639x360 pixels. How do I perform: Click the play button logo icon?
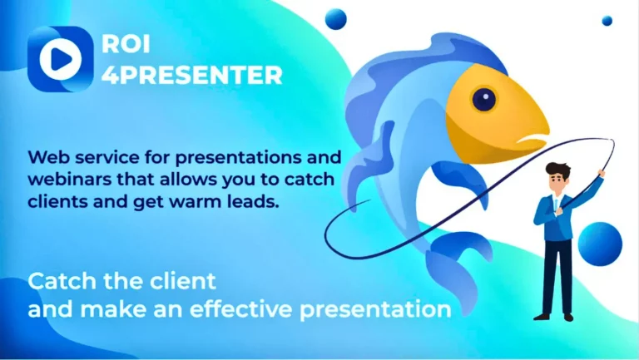[x=59, y=58]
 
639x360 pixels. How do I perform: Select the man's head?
[x=558, y=175]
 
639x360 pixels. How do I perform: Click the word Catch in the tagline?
[x=54, y=282]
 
